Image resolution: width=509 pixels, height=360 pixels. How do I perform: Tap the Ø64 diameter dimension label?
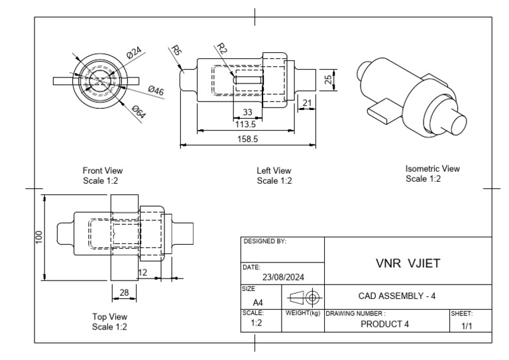139,111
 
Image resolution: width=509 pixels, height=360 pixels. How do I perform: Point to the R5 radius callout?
176,50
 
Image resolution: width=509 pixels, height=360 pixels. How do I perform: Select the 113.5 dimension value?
246,123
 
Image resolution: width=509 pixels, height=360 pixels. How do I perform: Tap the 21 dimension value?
307,101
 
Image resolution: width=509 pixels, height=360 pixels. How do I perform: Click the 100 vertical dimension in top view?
39,237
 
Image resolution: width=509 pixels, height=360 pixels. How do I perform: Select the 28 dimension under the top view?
123,292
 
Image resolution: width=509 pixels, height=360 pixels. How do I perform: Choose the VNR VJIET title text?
408,263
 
